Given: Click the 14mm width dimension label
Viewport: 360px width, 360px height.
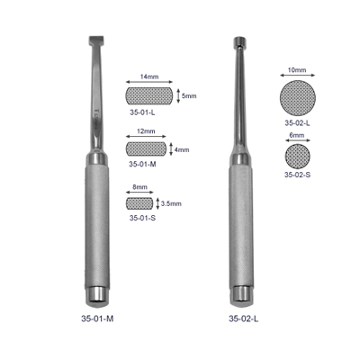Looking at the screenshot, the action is pyautogui.click(x=149, y=76).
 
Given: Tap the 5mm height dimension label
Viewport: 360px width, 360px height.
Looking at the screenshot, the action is pyautogui.click(x=189, y=96).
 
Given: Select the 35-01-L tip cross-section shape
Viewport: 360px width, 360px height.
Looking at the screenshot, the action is pyautogui.click(x=148, y=96).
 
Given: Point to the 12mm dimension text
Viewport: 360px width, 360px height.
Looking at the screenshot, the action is pyautogui.click(x=146, y=131).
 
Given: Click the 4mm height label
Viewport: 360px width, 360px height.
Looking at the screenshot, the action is pyautogui.click(x=182, y=149).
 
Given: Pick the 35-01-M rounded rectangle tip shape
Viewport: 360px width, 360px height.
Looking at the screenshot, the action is pyautogui.click(x=146, y=149).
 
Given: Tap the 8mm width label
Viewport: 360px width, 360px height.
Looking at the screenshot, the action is pyautogui.click(x=139, y=187).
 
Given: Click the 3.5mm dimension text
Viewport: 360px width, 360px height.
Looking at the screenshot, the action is pyautogui.click(x=171, y=203).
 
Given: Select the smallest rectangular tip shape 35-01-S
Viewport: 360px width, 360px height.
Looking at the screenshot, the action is pyautogui.click(x=139, y=203).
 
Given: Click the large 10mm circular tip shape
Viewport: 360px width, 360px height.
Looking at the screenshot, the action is pyautogui.click(x=297, y=98).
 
